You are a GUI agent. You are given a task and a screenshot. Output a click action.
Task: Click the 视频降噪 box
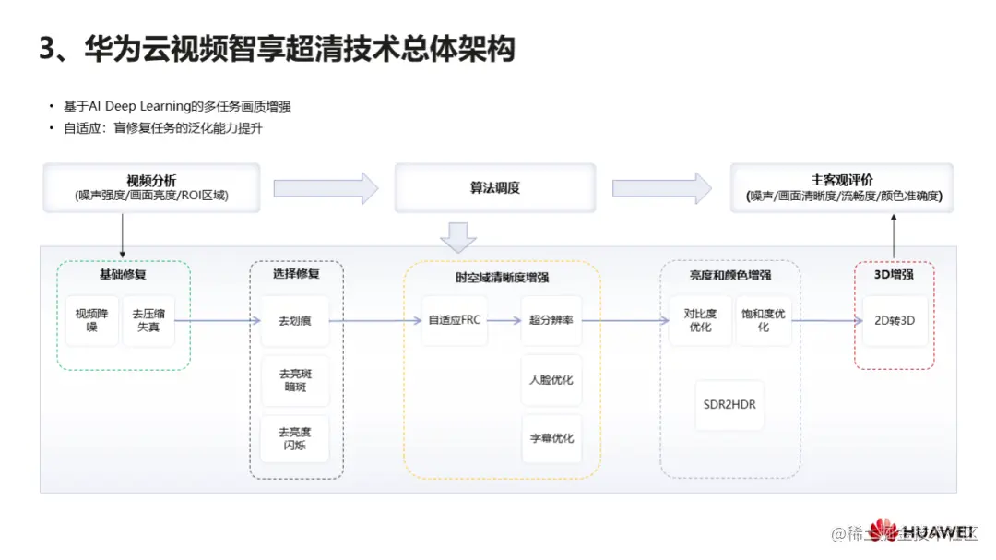point(92,320)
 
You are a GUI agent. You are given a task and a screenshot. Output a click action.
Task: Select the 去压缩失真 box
point(148,320)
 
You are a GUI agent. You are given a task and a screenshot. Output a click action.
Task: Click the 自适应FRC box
point(454,321)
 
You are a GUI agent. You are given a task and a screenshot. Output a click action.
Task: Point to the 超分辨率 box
point(551,321)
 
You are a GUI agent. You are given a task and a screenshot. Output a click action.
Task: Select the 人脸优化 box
point(551,379)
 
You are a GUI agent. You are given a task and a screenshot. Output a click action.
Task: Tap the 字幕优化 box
point(551,438)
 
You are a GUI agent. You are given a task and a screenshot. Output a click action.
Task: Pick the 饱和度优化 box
point(764,320)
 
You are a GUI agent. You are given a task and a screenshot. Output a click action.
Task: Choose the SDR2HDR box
point(729,404)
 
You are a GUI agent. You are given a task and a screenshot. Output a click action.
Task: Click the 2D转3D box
point(895,321)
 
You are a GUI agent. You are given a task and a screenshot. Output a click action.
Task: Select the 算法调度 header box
point(495,187)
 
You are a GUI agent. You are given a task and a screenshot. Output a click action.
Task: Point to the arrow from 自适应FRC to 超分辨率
point(503,321)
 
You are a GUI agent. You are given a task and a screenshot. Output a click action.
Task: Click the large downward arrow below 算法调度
point(458,237)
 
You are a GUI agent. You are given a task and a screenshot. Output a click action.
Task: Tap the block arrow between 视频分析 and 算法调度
point(326,187)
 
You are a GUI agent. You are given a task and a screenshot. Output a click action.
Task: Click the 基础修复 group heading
point(123,275)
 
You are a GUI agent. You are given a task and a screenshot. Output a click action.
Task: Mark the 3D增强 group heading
point(894,275)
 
